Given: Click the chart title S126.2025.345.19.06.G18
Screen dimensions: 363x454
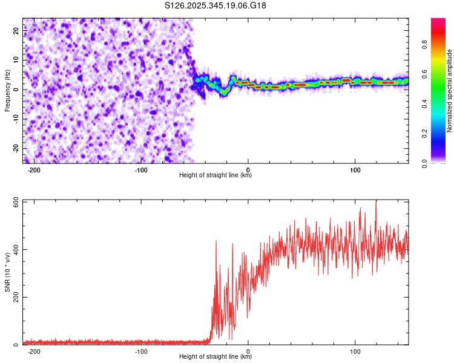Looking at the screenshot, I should (x=216, y=5).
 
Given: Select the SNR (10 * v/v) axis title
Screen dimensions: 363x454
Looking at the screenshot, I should (x=7, y=272).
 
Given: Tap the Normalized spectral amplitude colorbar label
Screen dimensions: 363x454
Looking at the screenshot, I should (x=450, y=91).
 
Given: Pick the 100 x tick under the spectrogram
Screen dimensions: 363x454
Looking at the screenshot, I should (x=355, y=170).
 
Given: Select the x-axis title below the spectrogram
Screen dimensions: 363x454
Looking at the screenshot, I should (x=215, y=175).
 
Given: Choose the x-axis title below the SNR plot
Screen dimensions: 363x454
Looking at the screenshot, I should (x=215, y=357).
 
